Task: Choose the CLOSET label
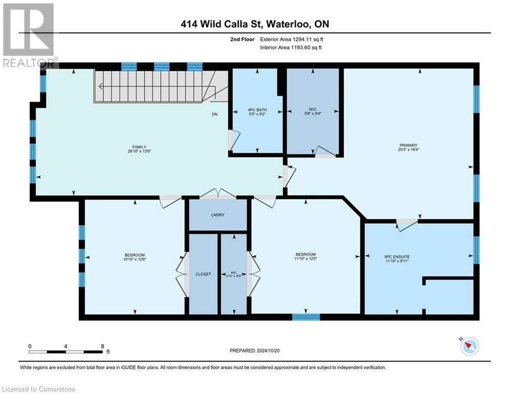(x=203, y=274)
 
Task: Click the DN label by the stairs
(x=215, y=114)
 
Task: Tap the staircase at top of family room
(x=153, y=86)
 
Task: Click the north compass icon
(x=469, y=346)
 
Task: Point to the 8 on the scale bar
(x=103, y=346)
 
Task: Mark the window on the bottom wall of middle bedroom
(x=306, y=317)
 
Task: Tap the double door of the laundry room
(x=218, y=194)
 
